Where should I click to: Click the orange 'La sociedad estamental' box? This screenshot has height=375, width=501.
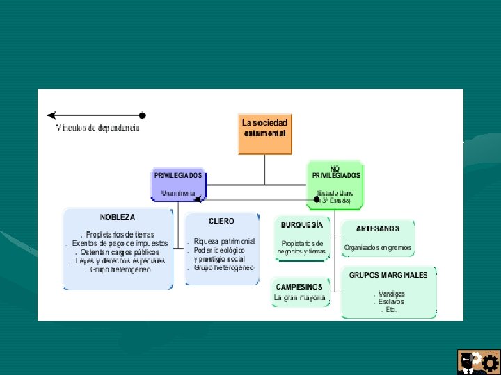click(264, 133)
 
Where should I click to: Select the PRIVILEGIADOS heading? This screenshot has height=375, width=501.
click(178, 175)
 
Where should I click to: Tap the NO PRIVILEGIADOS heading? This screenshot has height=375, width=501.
click(336, 172)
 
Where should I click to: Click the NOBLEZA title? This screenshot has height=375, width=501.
click(118, 217)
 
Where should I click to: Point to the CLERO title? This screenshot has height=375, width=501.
click(221, 221)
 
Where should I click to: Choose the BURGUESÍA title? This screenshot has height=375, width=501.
click(302, 224)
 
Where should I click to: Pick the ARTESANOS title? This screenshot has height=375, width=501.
click(378, 228)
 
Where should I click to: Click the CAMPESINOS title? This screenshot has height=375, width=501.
click(299, 286)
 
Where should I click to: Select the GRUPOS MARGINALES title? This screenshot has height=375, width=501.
click(388, 274)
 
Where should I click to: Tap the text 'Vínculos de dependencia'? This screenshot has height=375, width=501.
click(97, 128)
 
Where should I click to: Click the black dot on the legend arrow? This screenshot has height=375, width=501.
click(143, 115)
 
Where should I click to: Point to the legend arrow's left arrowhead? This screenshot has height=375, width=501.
click(51, 115)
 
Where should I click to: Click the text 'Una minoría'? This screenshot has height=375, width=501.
click(178, 192)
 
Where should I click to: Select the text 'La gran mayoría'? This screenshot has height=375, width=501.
click(299, 297)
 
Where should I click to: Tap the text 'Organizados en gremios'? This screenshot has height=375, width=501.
click(378, 247)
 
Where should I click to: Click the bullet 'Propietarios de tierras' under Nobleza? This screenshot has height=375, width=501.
click(120, 235)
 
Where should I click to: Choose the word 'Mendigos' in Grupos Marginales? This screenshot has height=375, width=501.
click(391, 294)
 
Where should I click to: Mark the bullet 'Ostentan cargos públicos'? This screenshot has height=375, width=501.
click(120, 252)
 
